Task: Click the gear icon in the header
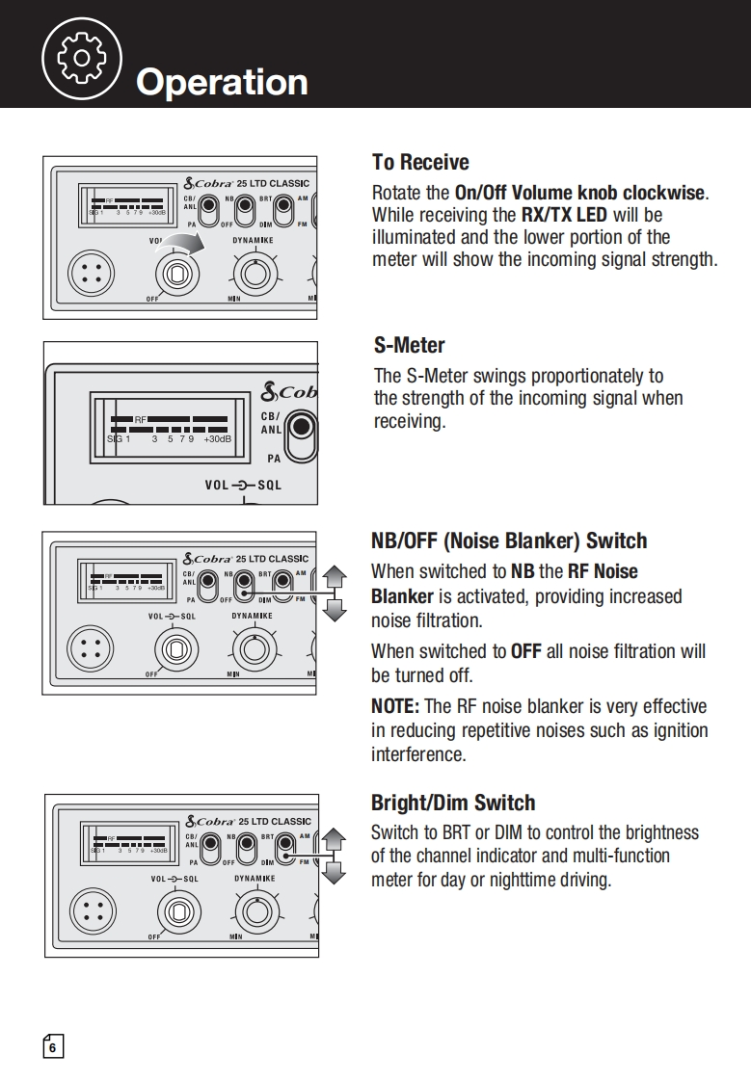pos(82,57)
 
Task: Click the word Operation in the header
pos(222,82)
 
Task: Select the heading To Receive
pos(420,162)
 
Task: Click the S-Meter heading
pos(409,345)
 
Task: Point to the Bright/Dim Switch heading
pos(453,803)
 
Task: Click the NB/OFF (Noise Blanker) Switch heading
pos(509,540)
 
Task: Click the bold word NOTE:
pos(395,706)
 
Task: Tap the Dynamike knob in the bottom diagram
pos(256,910)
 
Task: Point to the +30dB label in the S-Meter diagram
pos(218,438)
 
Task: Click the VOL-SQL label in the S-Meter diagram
pos(243,485)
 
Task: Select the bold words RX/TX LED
pos(564,215)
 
